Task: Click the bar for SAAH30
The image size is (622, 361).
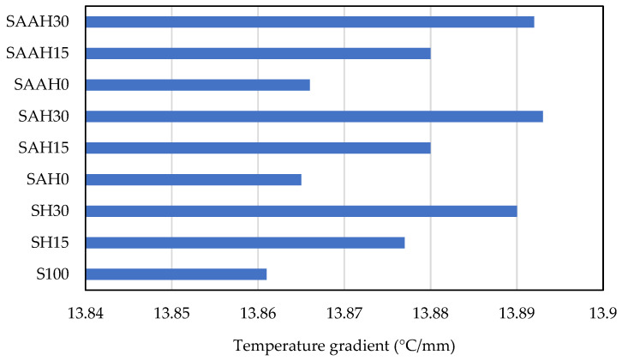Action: pos(310,21)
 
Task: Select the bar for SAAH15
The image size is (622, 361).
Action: pos(258,53)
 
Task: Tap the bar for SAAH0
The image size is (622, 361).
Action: pos(198,85)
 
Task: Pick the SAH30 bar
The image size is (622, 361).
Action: pos(314,116)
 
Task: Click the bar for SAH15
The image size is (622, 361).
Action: pos(258,147)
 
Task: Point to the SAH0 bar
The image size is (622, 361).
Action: pos(194,179)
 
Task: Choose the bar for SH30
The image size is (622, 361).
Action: pos(302,211)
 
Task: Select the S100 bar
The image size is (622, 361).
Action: pos(176,274)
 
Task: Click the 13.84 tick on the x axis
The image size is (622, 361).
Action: pos(86,314)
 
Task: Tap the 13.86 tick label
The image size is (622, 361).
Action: pos(258,314)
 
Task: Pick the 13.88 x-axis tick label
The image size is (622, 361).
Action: pos(430,314)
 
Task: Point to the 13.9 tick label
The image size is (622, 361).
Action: pos(602,314)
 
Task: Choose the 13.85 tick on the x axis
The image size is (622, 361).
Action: pos(171,314)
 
